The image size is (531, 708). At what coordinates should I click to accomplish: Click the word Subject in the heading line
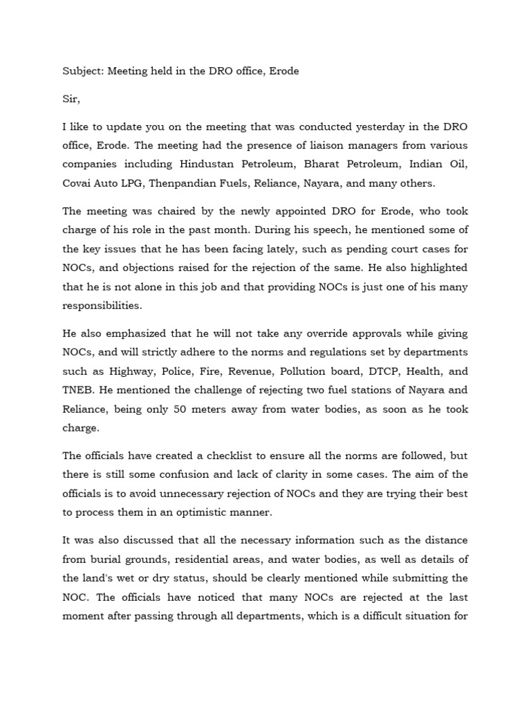coord(82,71)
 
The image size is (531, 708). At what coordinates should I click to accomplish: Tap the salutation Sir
coord(71,100)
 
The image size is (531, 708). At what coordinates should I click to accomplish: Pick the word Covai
coord(77,184)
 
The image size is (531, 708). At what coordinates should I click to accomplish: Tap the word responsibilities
coord(103,306)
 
